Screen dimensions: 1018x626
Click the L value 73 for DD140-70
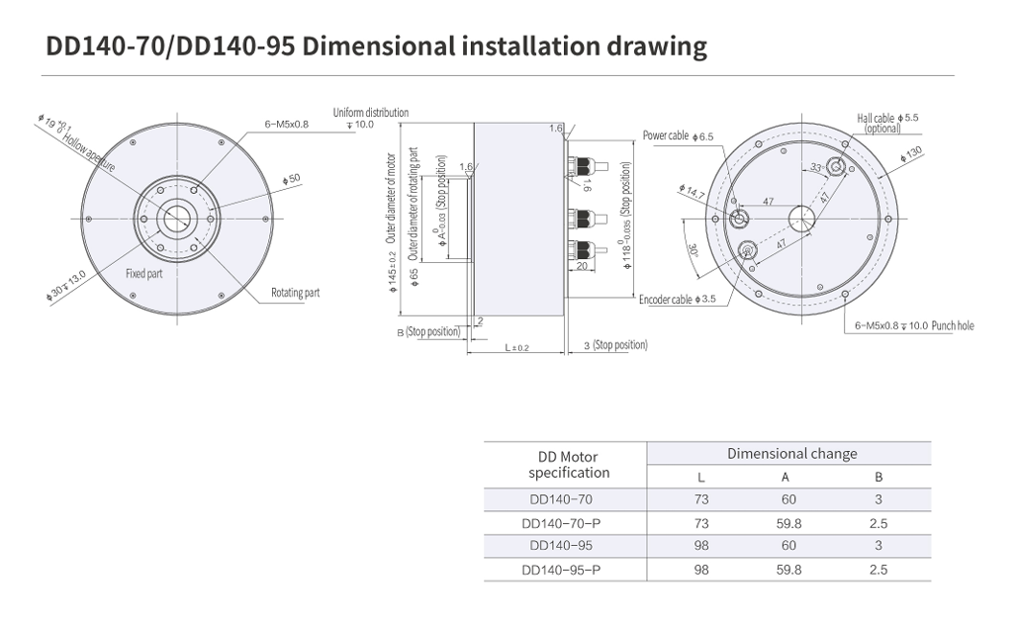click(701, 499)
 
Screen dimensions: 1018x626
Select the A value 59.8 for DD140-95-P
click(788, 570)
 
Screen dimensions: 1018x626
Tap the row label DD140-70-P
click(561, 523)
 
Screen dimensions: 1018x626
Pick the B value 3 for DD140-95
click(879, 546)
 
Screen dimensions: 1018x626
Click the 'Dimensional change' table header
click(792, 454)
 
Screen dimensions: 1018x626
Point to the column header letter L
click(701, 478)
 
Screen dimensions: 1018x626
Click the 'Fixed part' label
click(144, 274)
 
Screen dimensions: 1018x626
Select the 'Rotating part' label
click(296, 293)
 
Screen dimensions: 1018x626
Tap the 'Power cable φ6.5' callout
click(678, 135)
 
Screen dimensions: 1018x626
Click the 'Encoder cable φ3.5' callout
click(677, 299)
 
